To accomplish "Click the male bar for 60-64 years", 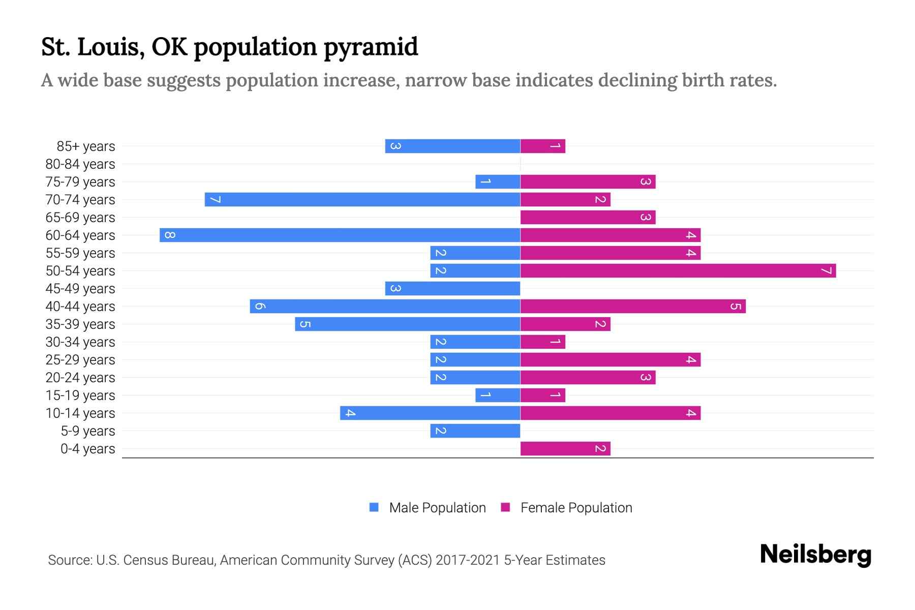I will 340,235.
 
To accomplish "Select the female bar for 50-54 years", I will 678,270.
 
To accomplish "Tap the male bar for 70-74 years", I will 362,199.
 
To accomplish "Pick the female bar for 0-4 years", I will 565,448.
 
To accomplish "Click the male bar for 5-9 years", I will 475,431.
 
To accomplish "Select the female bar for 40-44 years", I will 632,306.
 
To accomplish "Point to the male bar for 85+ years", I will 452,146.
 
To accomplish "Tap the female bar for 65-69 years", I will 588,217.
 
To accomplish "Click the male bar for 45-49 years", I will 452,288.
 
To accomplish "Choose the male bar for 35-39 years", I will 407,324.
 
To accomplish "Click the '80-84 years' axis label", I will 80,164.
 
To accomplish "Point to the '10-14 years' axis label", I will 80,413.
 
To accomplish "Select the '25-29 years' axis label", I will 80,360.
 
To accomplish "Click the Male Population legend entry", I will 437,508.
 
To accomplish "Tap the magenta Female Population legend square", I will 505,507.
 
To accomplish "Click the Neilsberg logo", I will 815,554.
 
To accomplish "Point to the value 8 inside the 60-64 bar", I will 170,235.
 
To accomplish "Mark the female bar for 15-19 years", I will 542,395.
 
